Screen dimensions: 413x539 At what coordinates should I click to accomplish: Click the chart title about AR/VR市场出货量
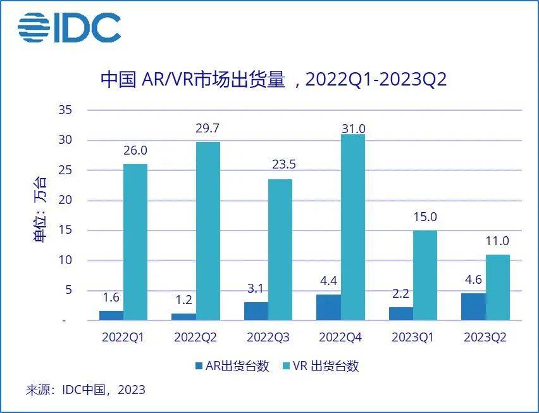274,80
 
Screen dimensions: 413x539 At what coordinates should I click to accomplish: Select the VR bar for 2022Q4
352,227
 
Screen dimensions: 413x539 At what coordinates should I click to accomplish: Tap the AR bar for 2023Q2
473,307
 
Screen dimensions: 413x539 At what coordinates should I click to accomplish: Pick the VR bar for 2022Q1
135,242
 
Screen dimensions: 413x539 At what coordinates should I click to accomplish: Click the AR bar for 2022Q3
256,311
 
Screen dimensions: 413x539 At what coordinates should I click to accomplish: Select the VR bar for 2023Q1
424,275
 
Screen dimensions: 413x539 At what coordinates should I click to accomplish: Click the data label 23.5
280,165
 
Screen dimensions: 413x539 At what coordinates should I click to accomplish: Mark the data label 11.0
497,241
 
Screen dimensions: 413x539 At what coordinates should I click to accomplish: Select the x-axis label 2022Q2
195,338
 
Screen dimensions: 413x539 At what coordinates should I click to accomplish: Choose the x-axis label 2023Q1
412,338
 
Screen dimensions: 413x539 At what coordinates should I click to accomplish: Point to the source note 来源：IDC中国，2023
85,390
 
